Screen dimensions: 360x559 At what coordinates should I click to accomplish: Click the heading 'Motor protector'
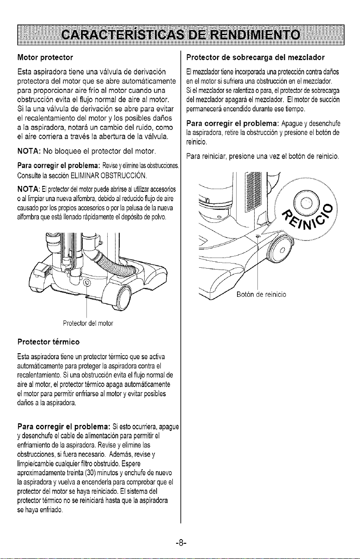click(45, 58)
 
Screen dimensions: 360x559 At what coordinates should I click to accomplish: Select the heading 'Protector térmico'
click(49, 342)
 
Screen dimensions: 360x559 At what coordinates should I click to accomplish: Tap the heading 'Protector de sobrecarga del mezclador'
click(255, 58)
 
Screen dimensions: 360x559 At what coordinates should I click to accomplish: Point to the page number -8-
click(181, 542)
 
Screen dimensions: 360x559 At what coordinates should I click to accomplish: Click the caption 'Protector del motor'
click(88, 323)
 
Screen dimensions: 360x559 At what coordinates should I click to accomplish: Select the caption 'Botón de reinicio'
click(261, 295)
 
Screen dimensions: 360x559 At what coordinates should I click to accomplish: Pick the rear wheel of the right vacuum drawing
click(281, 251)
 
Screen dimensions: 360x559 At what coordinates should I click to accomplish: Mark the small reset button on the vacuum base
click(258, 235)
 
